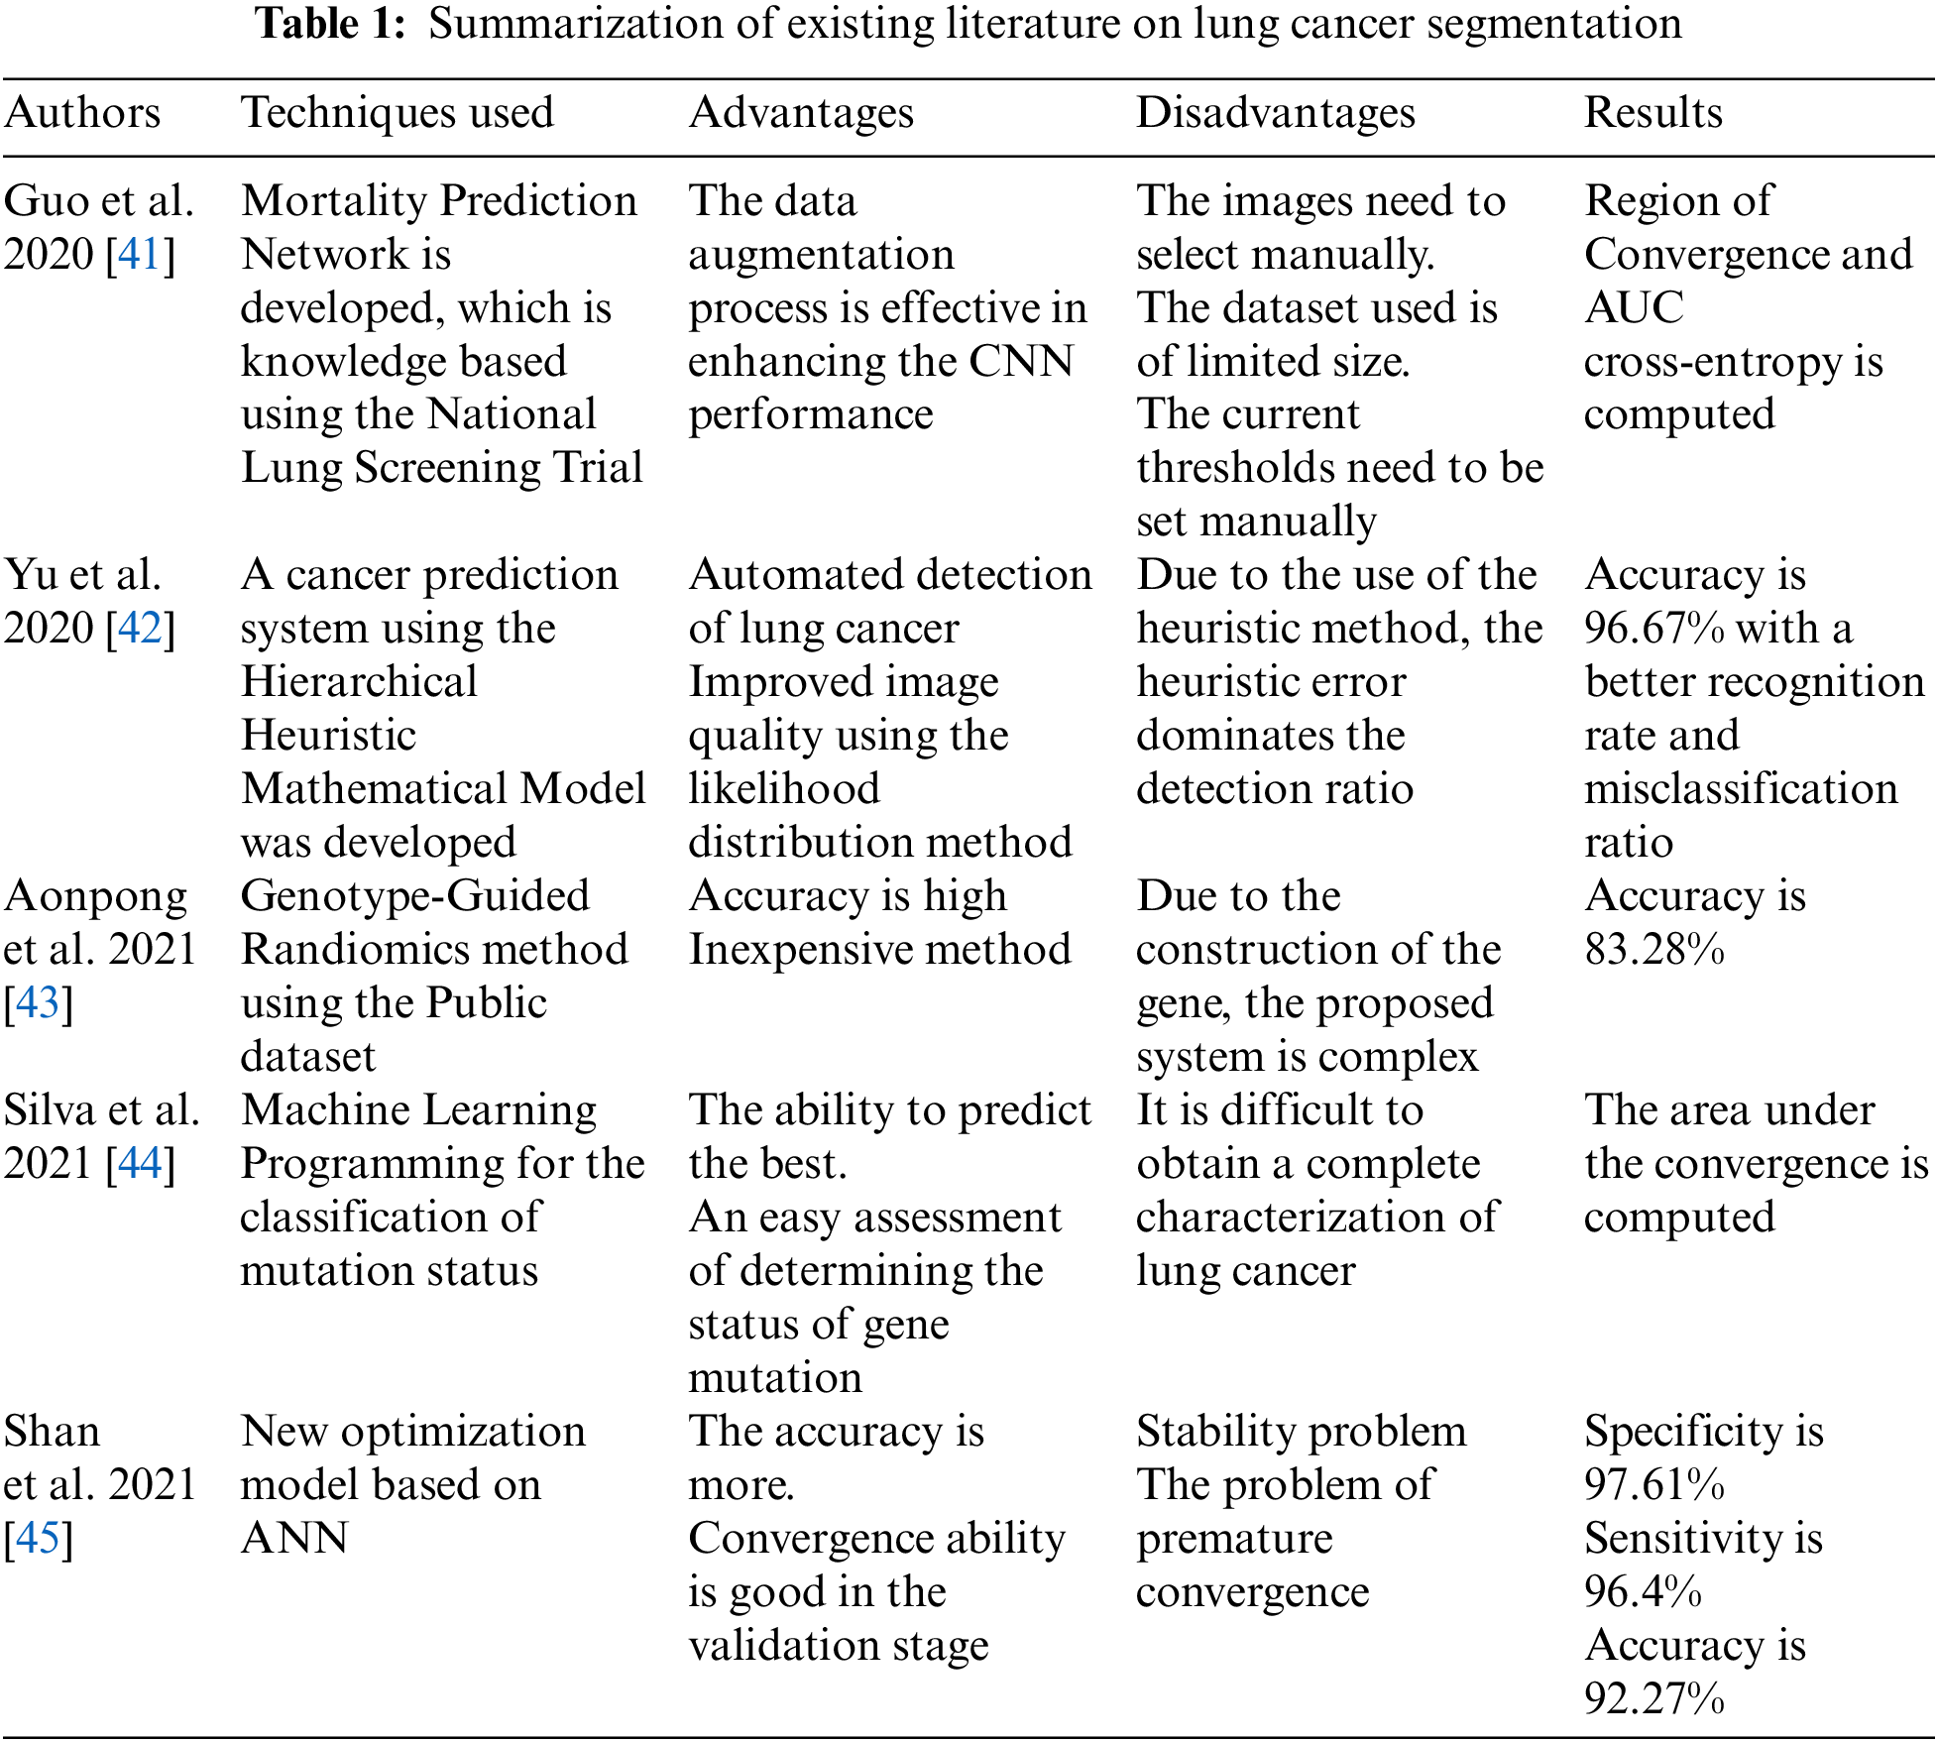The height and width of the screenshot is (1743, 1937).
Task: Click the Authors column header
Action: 82,113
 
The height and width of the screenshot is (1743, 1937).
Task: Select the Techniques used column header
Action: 398,113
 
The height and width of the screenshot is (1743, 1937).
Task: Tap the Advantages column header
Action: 801,113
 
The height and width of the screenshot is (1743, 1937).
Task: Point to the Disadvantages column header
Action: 1276,113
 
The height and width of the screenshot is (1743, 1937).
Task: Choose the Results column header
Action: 1653,113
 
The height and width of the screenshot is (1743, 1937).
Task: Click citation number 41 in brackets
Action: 140,255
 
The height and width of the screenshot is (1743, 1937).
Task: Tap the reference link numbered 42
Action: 140,629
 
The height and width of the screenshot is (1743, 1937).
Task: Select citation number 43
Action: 38,1003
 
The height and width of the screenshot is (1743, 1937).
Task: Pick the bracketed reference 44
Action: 140,1164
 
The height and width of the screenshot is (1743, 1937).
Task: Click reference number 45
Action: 38,1539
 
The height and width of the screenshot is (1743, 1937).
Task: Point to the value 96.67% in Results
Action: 1654,629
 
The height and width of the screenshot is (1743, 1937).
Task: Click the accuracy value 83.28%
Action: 1654,950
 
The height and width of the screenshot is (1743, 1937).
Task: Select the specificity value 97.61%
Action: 1654,1485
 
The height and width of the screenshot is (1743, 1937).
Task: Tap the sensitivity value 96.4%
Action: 1643,1592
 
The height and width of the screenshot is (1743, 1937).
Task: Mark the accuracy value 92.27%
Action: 1654,1699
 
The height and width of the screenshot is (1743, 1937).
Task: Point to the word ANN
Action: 294,1539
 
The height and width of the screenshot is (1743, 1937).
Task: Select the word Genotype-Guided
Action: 415,896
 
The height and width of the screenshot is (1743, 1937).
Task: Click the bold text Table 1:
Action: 331,24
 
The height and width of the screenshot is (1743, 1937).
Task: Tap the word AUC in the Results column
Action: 1634,308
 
